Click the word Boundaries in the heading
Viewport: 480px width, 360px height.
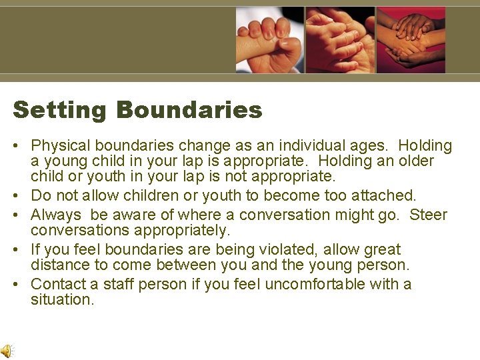[189, 110]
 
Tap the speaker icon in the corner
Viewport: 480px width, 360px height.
[6, 351]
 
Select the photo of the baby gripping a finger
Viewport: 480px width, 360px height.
[270, 40]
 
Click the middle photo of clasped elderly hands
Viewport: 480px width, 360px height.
[340, 40]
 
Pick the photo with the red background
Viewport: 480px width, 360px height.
[411, 40]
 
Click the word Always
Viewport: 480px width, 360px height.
[55, 215]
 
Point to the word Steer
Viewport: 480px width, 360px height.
[429, 215]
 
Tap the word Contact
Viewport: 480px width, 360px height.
[58, 284]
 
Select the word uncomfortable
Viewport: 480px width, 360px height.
[311, 284]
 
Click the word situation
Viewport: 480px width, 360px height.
[62, 300]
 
